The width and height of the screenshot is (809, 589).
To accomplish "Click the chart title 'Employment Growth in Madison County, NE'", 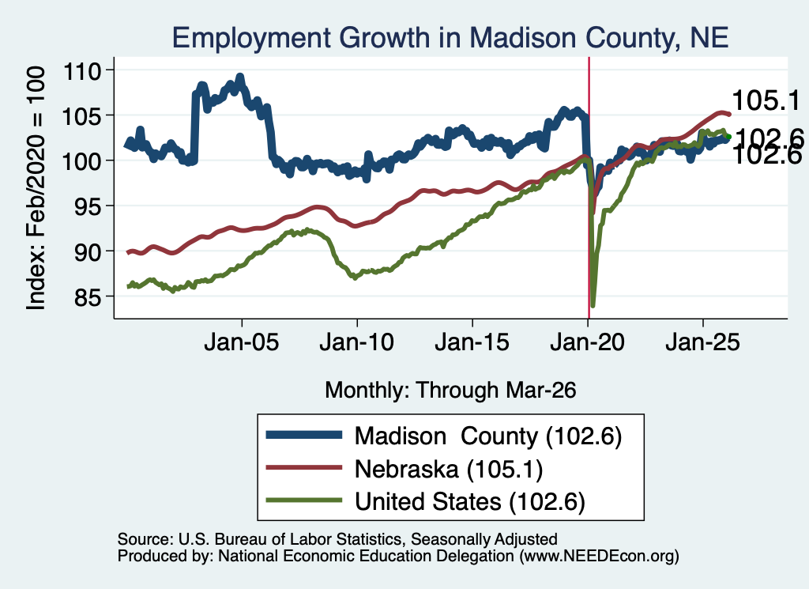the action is coord(450,38).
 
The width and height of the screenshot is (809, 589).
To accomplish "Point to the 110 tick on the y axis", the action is coord(81,70).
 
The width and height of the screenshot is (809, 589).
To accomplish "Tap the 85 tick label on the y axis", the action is coord(88,296).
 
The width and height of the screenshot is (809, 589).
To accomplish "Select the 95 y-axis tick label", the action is coord(88,206).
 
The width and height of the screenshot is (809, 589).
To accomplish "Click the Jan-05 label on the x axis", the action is coord(242,342).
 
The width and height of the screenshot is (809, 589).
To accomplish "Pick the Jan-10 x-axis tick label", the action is coord(357,342).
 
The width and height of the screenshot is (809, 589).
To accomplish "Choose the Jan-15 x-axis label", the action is coord(472,342).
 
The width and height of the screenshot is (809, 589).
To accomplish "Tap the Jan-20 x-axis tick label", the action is coord(588,342).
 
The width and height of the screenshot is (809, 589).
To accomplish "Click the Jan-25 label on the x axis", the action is coord(702,342).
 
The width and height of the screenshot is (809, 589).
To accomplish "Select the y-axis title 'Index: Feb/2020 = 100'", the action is coord(36,188).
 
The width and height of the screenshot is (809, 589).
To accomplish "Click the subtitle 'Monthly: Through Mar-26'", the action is coord(450,391).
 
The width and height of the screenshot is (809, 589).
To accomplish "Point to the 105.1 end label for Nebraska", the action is coord(766,100).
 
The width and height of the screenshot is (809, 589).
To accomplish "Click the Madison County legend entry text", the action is coord(488,436).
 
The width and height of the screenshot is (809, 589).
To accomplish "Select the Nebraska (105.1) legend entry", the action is coord(449,470).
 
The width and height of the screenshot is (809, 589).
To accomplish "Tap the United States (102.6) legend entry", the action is coord(470,501).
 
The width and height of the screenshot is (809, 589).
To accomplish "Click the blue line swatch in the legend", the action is coord(304,435).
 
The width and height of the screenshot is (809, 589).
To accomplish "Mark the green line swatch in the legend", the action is coord(304,500).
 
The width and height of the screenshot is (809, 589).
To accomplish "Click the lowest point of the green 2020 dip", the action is coord(593,306).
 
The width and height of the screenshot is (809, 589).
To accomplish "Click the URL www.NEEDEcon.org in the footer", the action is coord(599,556).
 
